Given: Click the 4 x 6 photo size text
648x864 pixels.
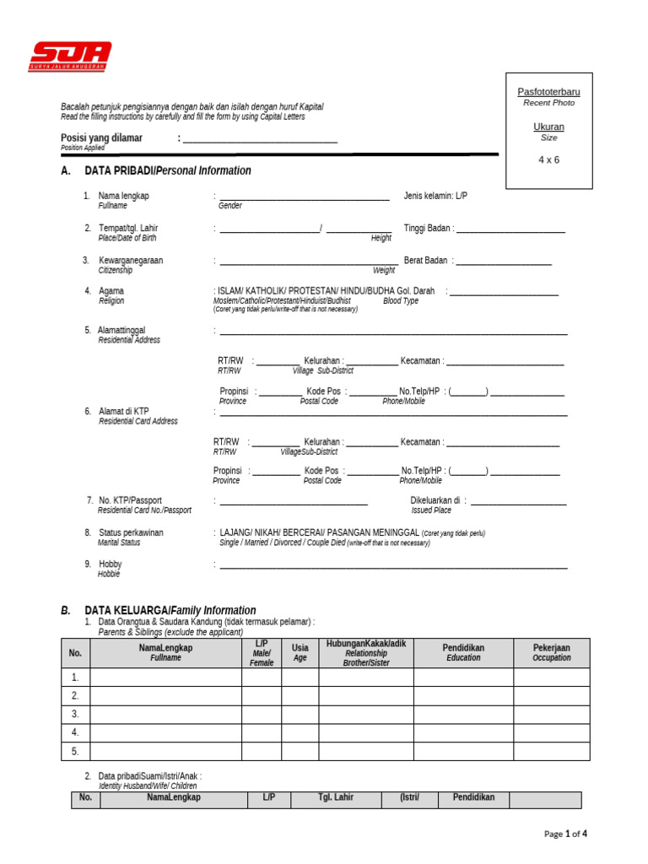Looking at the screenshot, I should click(x=548, y=159).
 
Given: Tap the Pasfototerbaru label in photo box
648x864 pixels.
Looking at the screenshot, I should click(x=548, y=91).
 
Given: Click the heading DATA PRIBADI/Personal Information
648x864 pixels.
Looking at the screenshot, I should click(x=168, y=170).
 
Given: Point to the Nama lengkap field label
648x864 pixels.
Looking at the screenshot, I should click(x=123, y=196).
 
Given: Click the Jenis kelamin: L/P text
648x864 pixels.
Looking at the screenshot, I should click(x=435, y=196).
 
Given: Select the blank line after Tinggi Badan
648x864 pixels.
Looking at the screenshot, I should click(x=511, y=231).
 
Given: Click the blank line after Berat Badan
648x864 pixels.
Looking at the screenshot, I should click(x=505, y=263).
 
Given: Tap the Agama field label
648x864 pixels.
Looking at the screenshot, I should click(x=111, y=291).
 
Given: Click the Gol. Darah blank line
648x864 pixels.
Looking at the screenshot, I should click(x=505, y=294).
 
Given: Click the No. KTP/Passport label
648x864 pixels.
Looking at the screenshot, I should click(x=130, y=500).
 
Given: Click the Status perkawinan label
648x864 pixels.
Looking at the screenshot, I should click(x=131, y=532).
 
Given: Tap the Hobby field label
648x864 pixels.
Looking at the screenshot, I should click(x=111, y=564).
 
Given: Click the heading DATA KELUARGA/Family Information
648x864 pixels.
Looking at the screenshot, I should click(x=170, y=610).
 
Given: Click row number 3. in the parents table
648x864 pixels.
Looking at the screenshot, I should click(x=75, y=715).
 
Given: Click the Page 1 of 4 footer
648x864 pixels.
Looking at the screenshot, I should click(x=565, y=834).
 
